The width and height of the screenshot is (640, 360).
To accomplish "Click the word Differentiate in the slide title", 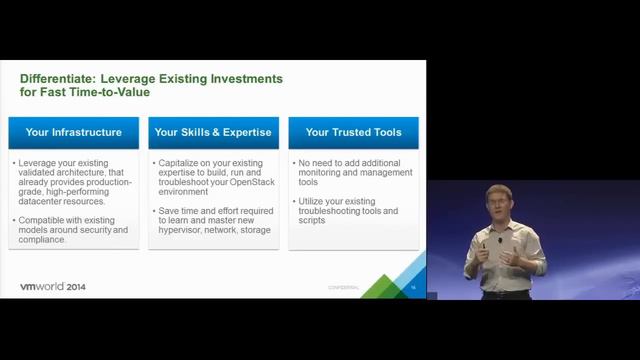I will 59,77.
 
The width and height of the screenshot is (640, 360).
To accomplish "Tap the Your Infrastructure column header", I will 73,131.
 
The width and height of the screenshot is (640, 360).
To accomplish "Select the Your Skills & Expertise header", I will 213,131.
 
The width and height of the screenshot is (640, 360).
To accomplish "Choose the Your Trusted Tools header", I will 352,131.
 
